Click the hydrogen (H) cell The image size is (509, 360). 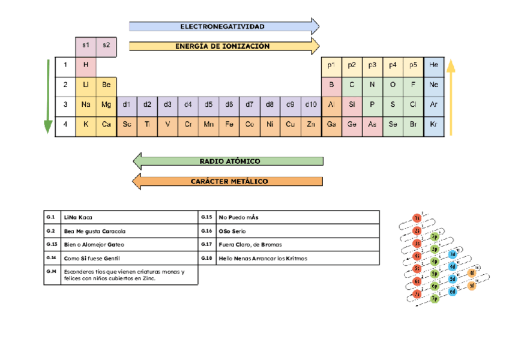pyautogui.click(x=86, y=65)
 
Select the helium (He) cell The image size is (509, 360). pyautogui.click(x=434, y=65)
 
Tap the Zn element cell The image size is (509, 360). pyautogui.click(x=310, y=124)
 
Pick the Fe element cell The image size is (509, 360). pyautogui.click(x=229, y=124)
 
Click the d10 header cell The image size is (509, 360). pyautogui.click(x=310, y=104)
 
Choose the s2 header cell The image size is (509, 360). pyautogui.click(x=106, y=45)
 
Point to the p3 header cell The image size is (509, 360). pyautogui.click(x=372, y=65)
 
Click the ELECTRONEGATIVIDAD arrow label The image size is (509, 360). pyautogui.click(x=222, y=26)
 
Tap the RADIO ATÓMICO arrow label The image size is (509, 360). pyautogui.click(x=229, y=161)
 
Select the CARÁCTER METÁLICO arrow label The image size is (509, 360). pyautogui.click(x=229, y=181)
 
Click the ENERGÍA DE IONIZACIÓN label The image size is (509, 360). pyautogui.click(x=222, y=46)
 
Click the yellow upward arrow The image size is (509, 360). pyautogui.click(x=451, y=96)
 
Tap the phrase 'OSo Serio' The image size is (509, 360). pyautogui.click(x=232, y=231)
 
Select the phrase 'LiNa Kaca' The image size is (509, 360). pyautogui.click(x=78, y=217)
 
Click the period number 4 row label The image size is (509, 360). pyautogui.click(x=65, y=124)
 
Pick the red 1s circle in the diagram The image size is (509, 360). pyautogui.click(x=417, y=218)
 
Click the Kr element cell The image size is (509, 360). pyautogui.click(x=434, y=124)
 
